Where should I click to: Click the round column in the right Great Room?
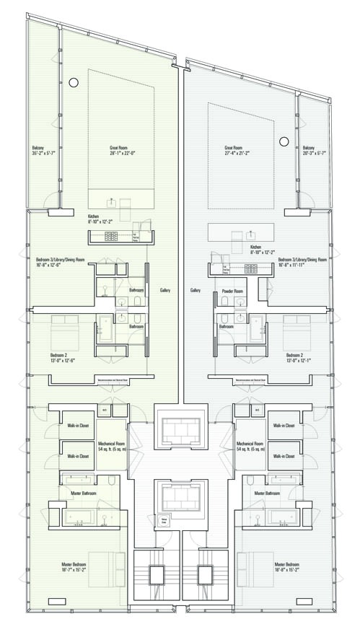[x=284, y=141]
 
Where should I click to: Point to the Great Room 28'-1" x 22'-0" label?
[x=113, y=150]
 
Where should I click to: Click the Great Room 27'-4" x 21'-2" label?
[x=237, y=150]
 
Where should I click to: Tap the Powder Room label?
[x=233, y=291]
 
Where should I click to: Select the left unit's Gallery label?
[x=165, y=290]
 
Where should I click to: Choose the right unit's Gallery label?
[x=196, y=291]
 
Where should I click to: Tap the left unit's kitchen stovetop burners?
[x=113, y=235]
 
